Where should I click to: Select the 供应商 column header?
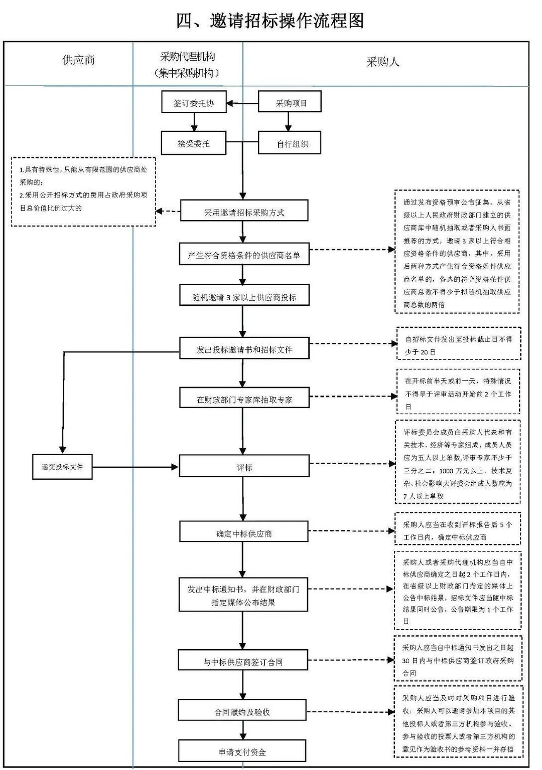(x=78, y=60)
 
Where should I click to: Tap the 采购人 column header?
(x=382, y=62)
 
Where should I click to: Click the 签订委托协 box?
(x=194, y=103)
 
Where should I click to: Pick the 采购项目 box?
(x=290, y=103)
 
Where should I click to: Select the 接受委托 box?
(x=194, y=143)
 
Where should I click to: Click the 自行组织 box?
(x=290, y=144)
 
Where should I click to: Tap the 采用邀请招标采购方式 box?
(x=244, y=212)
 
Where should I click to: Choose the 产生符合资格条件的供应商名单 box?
(x=244, y=255)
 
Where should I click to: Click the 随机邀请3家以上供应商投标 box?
(x=244, y=297)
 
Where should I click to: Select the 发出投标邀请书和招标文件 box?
(x=244, y=349)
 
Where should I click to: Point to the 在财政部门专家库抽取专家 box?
(x=244, y=399)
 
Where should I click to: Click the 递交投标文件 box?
(x=62, y=467)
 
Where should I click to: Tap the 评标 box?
(x=244, y=467)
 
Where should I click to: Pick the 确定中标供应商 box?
(x=244, y=533)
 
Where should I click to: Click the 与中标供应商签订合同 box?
(x=243, y=661)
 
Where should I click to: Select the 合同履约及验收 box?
(x=242, y=711)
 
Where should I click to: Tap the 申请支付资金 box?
(x=242, y=751)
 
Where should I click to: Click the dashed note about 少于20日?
(x=459, y=345)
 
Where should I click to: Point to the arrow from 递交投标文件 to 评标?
(x=135, y=467)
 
